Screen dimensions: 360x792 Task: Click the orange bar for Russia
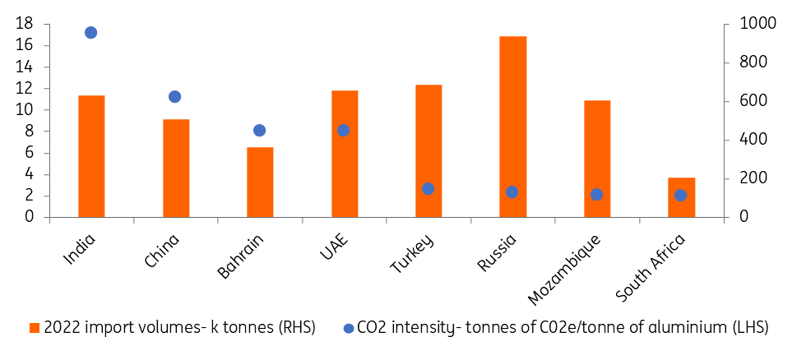point(512,127)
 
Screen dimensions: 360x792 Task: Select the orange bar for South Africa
point(681,197)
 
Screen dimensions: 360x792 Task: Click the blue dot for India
point(91,33)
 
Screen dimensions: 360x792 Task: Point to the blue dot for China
point(175,97)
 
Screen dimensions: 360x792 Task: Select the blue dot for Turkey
point(428,189)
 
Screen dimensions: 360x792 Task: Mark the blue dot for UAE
point(344,130)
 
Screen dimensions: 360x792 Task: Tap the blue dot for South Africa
point(680,196)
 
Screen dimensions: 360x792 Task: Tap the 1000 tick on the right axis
point(749,24)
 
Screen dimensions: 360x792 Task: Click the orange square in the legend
point(35,328)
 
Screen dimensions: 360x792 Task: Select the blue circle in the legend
point(349,328)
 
